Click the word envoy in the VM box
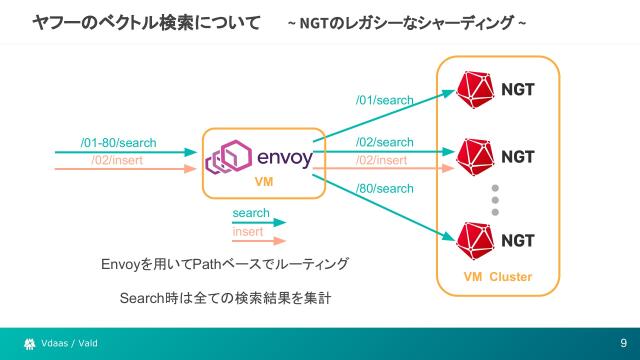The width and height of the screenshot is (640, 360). click(285, 158)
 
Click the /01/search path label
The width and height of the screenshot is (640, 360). click(385, 101)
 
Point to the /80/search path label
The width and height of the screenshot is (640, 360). click(385, 189)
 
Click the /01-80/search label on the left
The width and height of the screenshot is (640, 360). click(118, 143)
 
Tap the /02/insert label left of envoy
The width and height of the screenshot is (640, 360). click(119, 160)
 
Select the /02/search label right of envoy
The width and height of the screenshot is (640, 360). click(384, 143)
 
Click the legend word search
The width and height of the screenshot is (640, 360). click(251, 214)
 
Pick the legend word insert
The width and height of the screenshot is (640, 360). click(248, 232)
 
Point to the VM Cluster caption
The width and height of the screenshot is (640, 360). click(497, 277)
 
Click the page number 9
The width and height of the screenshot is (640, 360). click(622, 344)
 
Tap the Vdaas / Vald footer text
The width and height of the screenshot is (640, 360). click(70, 344)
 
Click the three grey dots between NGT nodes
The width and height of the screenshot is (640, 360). click(494, 199)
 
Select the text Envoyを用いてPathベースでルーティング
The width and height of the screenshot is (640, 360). click(225, 264)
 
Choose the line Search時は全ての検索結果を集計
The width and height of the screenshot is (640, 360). click(225, 298)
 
